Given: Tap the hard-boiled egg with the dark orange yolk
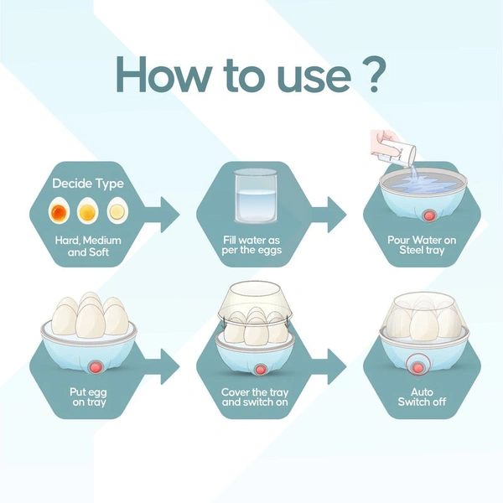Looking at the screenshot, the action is point(59,210).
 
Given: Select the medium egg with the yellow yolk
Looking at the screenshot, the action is point(87,210).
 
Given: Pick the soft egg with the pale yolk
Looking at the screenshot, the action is point(117,210).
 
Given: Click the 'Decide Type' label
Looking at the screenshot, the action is point(88,184).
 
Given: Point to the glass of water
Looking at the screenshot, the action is point(256,196).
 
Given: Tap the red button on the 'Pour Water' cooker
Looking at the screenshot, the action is point(428,215).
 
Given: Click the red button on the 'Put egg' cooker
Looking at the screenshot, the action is point(96,366).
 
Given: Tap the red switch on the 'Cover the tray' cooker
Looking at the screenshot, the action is point(260,369).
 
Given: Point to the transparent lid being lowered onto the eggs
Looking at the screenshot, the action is point(256,301).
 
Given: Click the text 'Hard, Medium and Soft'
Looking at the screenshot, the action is point(88,246).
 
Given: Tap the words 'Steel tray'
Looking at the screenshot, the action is point(422,250).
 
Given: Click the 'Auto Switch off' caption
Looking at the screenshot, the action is point(422,397).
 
